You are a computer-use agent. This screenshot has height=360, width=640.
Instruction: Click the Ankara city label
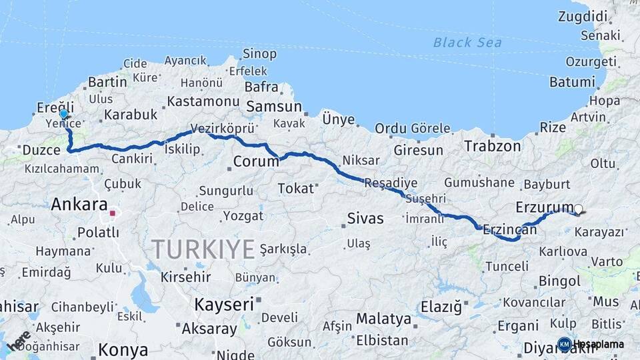point(79,204)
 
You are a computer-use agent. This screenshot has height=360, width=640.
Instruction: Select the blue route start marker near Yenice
point(64,114)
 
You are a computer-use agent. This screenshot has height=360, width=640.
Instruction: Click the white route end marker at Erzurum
point(578,209)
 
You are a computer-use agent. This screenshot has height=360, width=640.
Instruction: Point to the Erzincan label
point(510,229)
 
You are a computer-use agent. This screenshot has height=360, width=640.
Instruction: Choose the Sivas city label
point(365,218)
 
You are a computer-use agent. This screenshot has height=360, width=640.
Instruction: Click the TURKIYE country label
point(203,249)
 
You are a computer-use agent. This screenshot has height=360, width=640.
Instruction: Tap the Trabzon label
point(493,146)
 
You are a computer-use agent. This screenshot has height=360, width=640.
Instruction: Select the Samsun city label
point(274,107)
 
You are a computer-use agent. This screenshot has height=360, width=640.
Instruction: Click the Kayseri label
point(224,305)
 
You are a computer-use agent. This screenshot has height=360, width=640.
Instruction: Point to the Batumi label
point(572,83)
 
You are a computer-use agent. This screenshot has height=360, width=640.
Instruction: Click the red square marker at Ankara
point(113,214)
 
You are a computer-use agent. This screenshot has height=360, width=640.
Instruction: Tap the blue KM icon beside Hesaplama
point(564,344)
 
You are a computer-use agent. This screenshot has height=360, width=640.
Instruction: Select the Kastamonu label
point(203,101)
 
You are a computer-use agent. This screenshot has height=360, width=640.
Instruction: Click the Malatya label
point(383,319)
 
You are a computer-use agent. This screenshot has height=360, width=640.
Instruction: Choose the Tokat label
point(295,189)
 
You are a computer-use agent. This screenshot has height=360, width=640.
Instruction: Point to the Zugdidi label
point(583,16)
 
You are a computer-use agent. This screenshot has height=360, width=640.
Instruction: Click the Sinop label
point(259,53)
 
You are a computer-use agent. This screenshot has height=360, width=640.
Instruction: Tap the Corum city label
point(256,161)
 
